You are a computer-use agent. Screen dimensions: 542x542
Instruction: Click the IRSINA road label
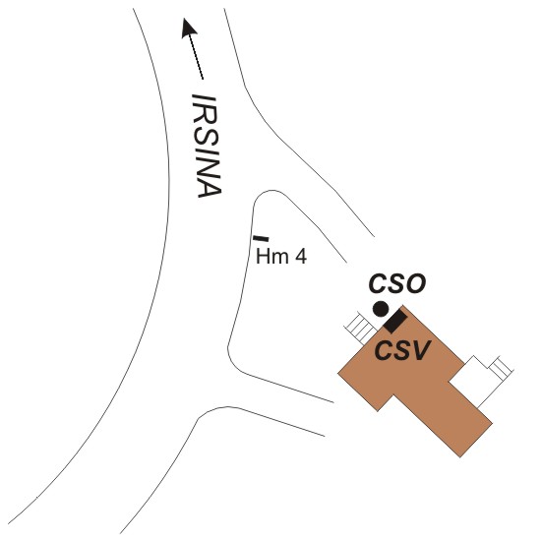[207, 146]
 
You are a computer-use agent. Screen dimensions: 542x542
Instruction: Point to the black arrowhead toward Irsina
[189, 28]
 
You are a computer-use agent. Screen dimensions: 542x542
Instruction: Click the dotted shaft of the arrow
[196, 57]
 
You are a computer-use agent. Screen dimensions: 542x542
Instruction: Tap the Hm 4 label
[281, 257]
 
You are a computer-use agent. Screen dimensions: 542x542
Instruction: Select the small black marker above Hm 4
[261, 238]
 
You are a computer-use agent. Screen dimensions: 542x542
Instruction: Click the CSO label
[397, 284]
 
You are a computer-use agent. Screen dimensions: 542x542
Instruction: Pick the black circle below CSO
[381, 309]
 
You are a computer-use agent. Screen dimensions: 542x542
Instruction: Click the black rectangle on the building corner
[394, 322]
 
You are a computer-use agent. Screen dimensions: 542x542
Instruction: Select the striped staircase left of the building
[361, 328]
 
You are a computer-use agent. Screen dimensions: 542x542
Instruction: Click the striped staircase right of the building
[501, 368]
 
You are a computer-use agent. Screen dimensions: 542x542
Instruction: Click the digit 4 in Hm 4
[301, 256]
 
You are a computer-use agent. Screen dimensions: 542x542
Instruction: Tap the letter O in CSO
[416, 284]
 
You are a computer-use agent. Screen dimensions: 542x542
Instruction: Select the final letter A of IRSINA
[210, 187]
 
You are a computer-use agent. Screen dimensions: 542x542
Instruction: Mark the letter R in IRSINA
[206, 113]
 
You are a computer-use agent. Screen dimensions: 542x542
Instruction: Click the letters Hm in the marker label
[272, 257]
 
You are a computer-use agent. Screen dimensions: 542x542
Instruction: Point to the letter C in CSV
[384, 350]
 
